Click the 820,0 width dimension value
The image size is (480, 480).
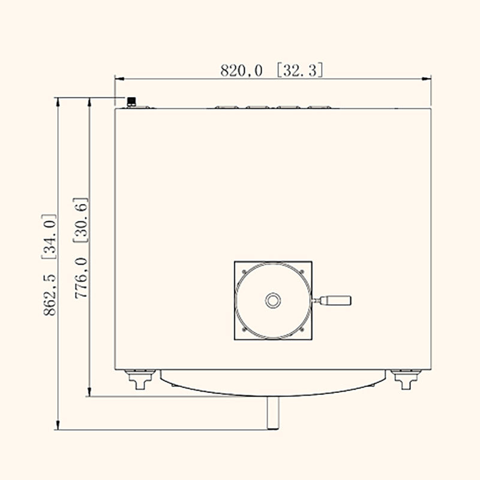[241, 71]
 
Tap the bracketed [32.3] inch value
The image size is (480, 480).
[299, 71]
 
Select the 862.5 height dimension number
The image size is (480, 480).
[50, 294]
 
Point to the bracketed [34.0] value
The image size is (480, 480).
[49, 237]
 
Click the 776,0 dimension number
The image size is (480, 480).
[82, 278]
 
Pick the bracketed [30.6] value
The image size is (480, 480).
[81, 220]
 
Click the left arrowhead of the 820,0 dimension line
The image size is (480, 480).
[119, 79]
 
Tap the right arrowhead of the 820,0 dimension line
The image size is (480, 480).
[427, 79]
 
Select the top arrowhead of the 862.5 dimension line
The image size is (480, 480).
[58, 103]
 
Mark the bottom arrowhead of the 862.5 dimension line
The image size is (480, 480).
[58, 425]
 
